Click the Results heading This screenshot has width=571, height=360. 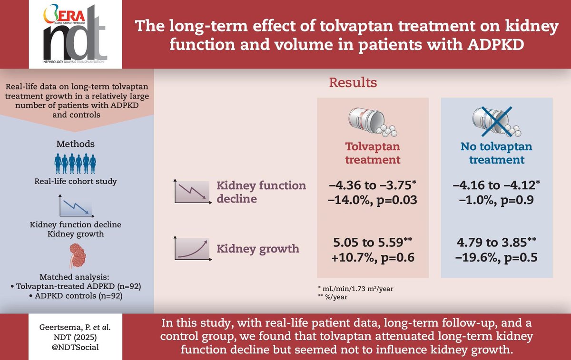click(354, 83)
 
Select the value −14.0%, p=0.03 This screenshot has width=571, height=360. click(373, 200)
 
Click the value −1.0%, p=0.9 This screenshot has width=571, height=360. click(496, 200)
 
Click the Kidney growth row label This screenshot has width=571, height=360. click(258, 248)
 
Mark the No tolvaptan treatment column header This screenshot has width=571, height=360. click(496, 153)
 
